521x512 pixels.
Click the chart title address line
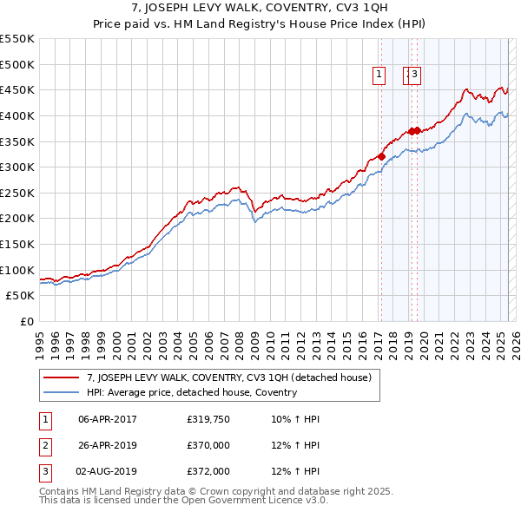click(x=260, y=9)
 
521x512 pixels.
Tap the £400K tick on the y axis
click(x=17, y=115)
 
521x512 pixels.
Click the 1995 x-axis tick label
click(x=40, y=338)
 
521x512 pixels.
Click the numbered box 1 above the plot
click(x=380, y=75)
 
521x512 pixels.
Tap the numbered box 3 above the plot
click(x=415, y=75)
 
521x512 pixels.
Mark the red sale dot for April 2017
click(x=381, y=156)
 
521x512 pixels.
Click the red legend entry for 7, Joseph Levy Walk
click(x=229, y=377)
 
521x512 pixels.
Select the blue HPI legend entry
click(x=192, y=392)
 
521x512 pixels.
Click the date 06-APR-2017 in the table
click(x=108, y=419)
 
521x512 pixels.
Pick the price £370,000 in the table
click(x=208, y=445)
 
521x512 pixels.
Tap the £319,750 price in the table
click(x=208, y=419)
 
